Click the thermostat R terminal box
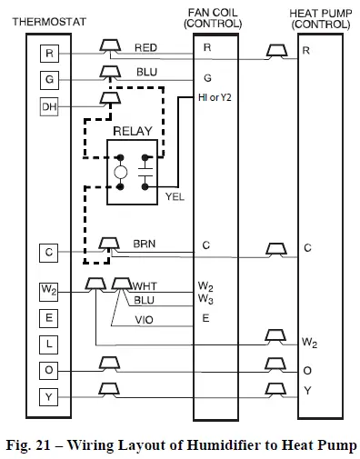[50, 55]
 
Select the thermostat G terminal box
[50, 80]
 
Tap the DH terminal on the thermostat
[50, 107]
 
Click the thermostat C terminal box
[50, 252]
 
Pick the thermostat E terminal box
[50, 318]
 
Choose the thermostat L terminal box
[50, 344]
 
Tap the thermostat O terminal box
[50, 370]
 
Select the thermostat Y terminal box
[50, 396]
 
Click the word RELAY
[132, 132]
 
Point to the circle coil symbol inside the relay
[119, 172]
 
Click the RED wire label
[145, 46]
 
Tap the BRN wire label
[145, 244]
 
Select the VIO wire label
[145, 320]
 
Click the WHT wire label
[145, 286]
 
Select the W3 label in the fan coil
[206, 300]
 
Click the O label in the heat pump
[307, 371]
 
